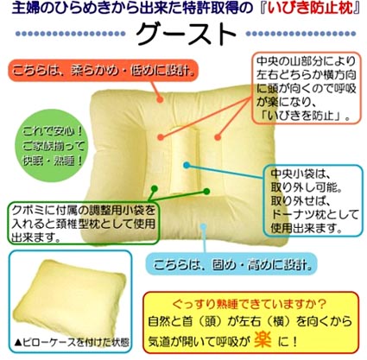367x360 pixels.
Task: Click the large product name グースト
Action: coord(186,35)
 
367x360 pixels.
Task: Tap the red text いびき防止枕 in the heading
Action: coord(310,9)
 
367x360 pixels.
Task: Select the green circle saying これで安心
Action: coord(53,146)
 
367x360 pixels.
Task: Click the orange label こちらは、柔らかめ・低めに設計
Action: coord(104,71)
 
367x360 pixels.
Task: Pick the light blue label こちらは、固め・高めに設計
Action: coord(232,264)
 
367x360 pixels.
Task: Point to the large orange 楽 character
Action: coord(263,340)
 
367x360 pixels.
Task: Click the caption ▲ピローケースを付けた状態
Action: coord(72,343)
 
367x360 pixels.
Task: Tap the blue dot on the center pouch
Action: coord(187,165)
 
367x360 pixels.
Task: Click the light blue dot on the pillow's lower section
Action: coord(204,226)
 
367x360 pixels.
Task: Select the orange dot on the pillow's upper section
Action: coord(160,100)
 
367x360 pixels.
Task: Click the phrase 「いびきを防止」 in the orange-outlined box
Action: coord(303,116)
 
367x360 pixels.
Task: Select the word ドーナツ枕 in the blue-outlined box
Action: coord(299,215)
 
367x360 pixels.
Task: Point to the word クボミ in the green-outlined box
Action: coord(26,211)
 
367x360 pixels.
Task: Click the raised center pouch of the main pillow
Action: coord(184,161)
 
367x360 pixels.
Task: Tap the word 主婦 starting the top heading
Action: coord(22,9)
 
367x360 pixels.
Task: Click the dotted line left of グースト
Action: coord(71,34)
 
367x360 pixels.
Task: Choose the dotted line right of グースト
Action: coord(301,34)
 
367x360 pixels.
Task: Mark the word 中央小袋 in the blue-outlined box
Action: coord(293,174)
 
